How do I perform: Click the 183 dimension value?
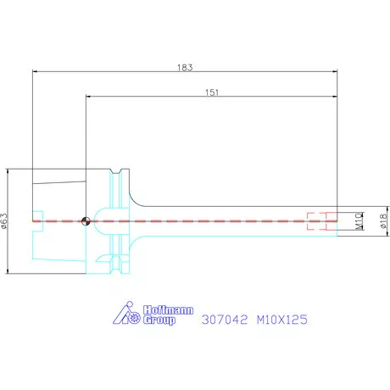tap(186, 67)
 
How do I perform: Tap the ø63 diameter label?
tap(6, 221)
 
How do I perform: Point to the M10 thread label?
tap(359, 221)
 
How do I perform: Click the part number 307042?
tap(224, 320)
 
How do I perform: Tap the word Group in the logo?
tap(159, 321)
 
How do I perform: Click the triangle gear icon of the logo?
tap(126, 315)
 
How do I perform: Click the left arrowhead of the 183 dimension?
tap(35, 73)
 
